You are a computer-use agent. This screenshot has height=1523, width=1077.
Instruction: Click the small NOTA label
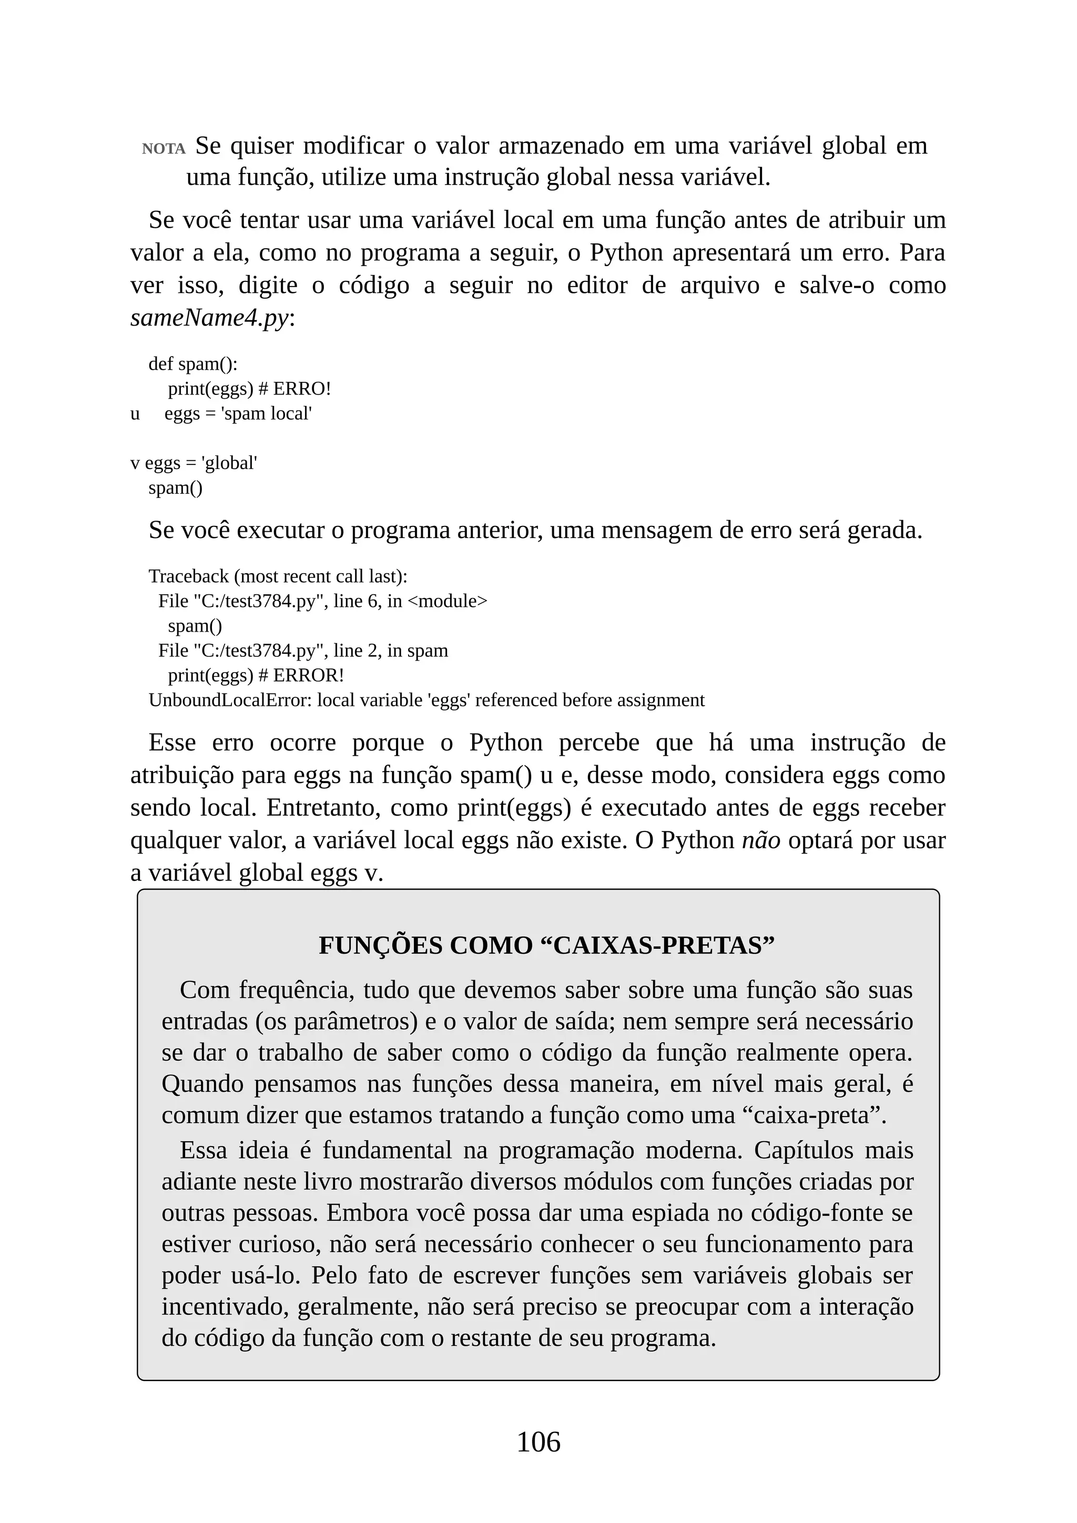click(x=163, y=149)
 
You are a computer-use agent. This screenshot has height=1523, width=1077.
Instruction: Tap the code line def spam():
click(x=192, y=364)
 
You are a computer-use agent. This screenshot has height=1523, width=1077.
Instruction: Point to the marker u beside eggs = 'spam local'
click(x=135, y=414)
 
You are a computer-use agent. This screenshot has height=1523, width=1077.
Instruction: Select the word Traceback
click(x=188, y=576)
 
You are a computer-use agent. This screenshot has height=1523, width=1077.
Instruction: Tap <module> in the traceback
click(x=447, y=601)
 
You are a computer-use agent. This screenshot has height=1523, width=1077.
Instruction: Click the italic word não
click(x=760, y=840)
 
